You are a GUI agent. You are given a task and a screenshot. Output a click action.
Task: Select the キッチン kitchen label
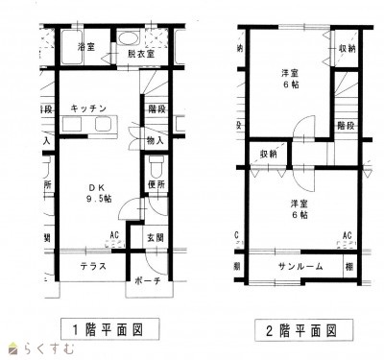pyautogui.click(x=87, y=108)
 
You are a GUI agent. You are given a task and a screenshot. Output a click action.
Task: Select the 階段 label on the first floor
pyautogui.click(x=156, y=108)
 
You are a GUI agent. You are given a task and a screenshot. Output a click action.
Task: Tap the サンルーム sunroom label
pyautogui.click(x=300, y=265)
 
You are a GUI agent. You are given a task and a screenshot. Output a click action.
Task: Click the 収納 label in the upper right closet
pyautogui.click(x=348, y=49)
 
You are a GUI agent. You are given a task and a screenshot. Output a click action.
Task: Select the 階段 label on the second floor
pyautogui.click(x=348, y=125)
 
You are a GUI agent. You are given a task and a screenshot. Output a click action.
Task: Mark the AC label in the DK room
pyautogui.click(x=112, y=234)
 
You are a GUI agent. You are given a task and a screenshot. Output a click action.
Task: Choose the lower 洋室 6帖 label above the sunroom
pyautogui.click(x=300, y=208)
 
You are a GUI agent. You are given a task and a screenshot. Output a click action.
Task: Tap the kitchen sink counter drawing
pyautogui.click(x=88, y=126)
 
